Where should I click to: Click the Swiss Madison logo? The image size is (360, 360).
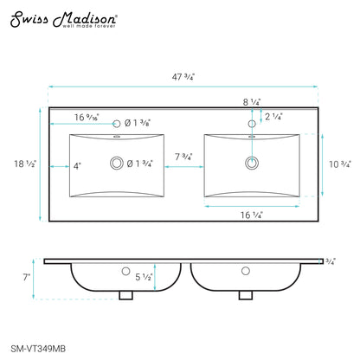pos(63,20)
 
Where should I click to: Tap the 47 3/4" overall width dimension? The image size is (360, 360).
pos(183,77)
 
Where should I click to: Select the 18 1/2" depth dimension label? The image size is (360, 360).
pos(25,164)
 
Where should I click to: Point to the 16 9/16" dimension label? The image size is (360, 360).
pos(87,118)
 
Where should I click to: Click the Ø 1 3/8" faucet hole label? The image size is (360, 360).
pos(138,123)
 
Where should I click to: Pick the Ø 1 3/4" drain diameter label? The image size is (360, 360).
pos(139,164)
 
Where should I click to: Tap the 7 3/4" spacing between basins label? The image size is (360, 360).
pos(183,157)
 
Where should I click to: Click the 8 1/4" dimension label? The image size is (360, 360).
pos(252,102)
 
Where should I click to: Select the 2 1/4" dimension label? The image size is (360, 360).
pos(273,117)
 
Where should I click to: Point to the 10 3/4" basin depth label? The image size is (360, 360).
pos(340,164)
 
